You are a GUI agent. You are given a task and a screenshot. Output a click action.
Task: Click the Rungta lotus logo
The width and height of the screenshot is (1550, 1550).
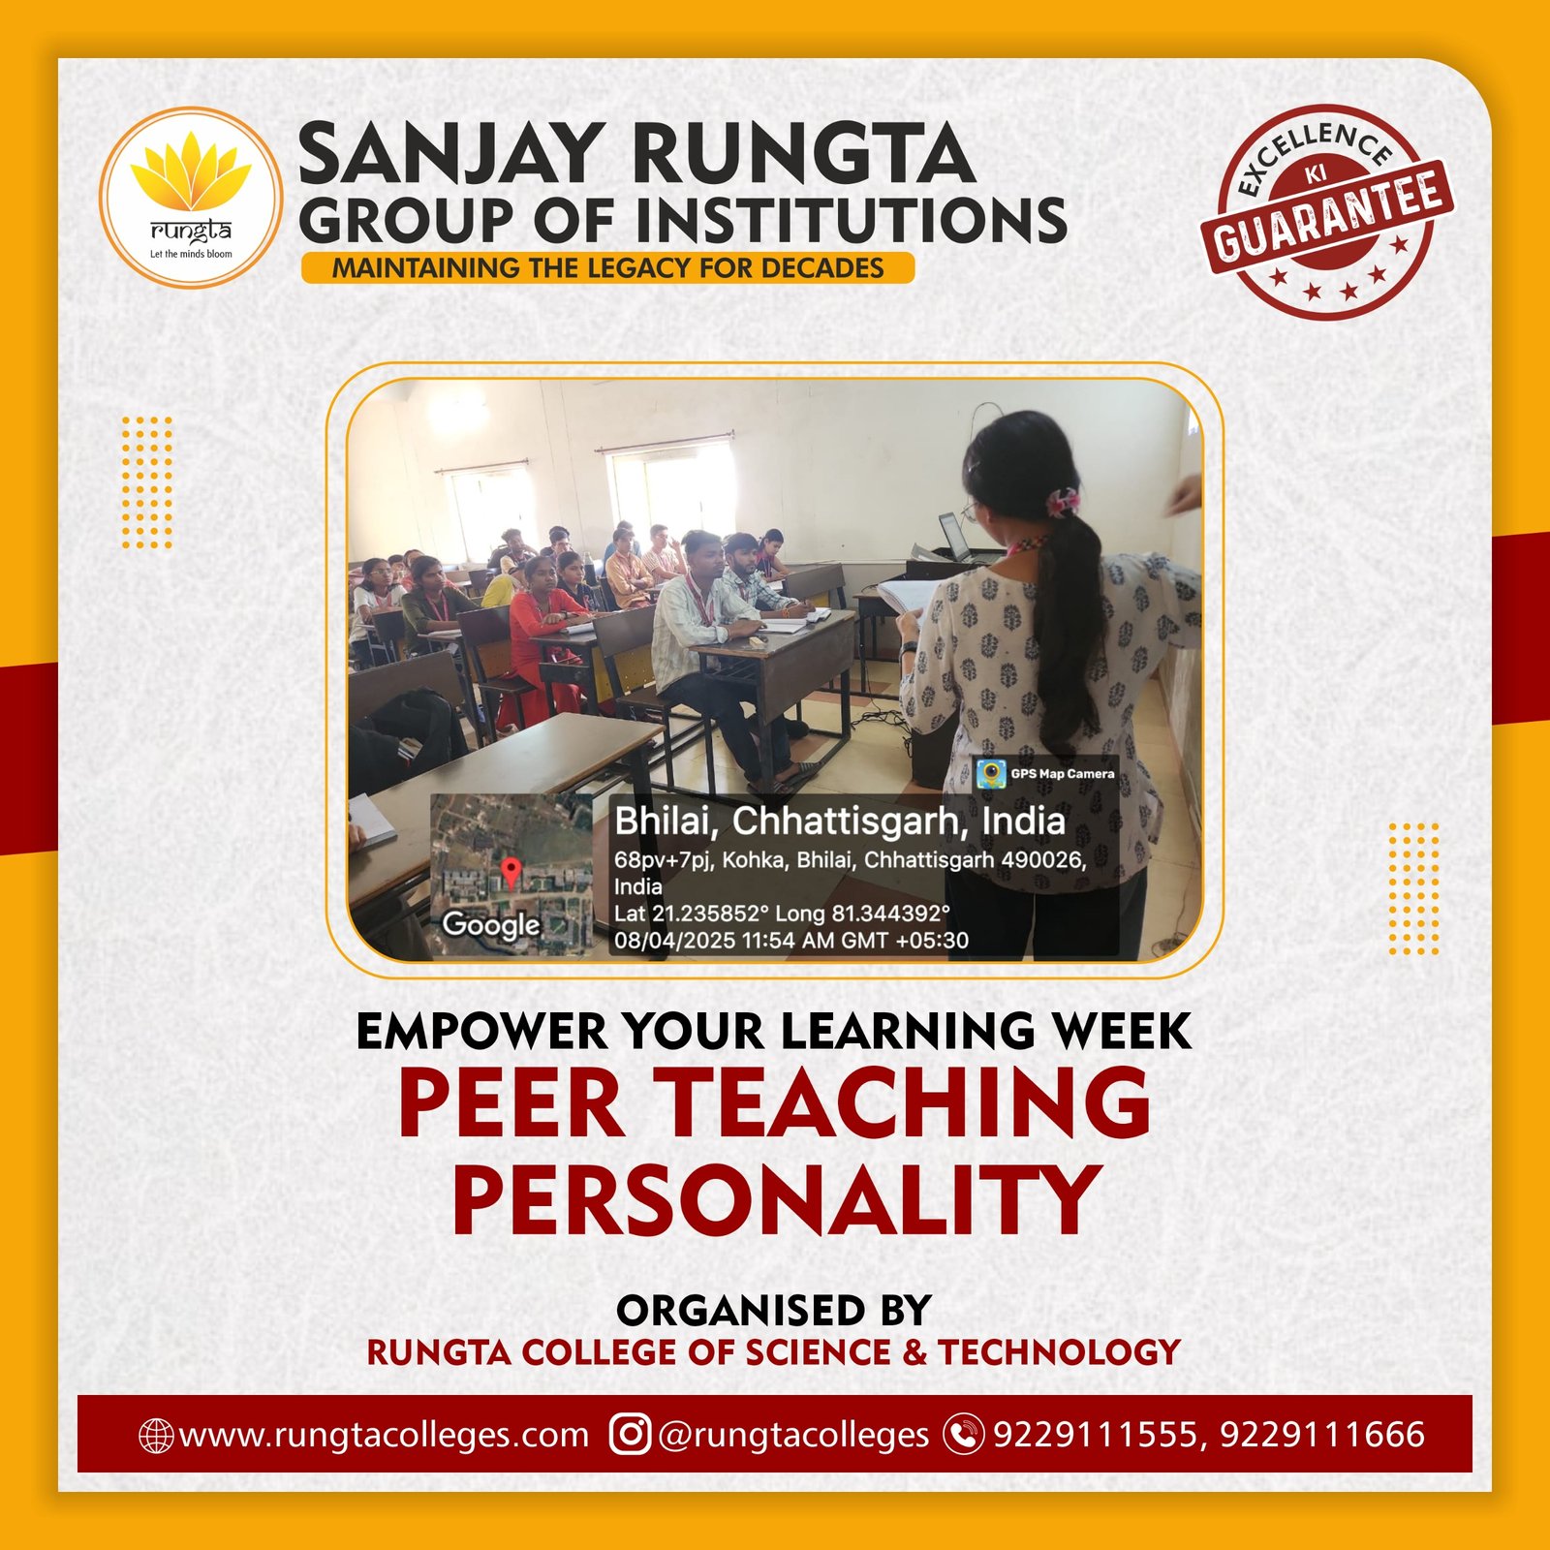191,197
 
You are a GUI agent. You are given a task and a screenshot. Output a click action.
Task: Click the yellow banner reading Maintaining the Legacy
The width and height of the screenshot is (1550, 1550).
607,268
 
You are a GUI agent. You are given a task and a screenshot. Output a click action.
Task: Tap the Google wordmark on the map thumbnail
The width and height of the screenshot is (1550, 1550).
490,925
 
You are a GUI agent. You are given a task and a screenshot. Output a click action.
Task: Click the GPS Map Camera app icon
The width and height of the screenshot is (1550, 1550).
990,773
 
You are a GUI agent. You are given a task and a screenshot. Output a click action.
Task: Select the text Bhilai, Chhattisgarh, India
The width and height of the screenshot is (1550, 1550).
840,821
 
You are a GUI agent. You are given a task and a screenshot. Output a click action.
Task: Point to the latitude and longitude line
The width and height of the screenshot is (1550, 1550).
782,913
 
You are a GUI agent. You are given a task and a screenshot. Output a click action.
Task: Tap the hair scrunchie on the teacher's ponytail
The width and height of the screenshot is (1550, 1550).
1062,502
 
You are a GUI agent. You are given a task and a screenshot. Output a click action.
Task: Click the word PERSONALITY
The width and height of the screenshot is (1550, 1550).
777,1199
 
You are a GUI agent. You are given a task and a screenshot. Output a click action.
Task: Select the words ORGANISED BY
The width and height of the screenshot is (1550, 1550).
774,1310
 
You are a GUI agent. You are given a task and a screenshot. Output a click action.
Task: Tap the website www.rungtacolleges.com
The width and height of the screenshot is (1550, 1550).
384,1434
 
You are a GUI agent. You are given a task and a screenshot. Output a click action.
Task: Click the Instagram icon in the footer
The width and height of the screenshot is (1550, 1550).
630,1434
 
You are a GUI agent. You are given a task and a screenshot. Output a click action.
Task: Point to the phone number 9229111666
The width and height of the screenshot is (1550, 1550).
1322,1434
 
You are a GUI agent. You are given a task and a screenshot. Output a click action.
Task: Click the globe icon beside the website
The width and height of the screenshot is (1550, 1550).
156,1435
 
